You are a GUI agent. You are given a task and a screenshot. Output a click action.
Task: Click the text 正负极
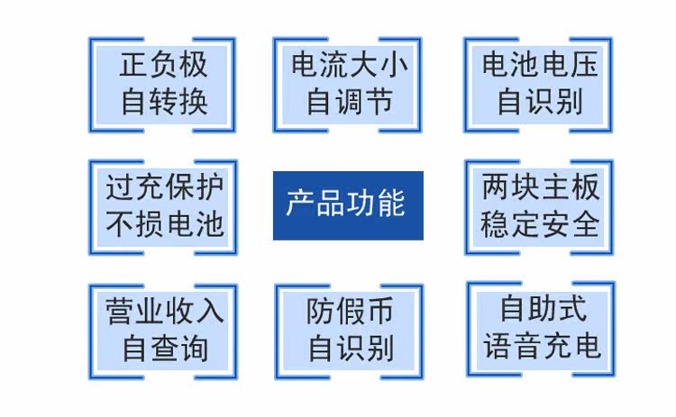[163, 65]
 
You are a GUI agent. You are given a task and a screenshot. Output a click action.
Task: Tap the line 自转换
[164, 102]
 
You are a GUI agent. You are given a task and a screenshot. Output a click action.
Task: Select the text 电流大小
[350, 65]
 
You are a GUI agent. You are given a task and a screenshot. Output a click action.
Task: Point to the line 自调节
[350, 102]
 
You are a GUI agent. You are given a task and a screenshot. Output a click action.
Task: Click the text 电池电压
[540, 65]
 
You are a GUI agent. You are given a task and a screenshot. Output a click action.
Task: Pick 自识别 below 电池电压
[540, 102]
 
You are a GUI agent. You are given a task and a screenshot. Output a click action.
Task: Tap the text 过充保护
[165, 187]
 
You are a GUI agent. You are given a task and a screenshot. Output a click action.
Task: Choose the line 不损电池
[165, 224]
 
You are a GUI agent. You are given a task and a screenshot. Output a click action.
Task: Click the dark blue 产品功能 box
[348, 205]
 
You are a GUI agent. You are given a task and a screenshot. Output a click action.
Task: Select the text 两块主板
[541, 187]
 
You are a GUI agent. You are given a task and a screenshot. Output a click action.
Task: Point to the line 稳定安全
[540, 224]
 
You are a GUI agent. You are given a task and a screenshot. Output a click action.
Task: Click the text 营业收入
[165, 311]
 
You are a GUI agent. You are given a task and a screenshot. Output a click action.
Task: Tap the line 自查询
[165, 348]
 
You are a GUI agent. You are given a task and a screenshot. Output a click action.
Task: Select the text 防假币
[350, 311]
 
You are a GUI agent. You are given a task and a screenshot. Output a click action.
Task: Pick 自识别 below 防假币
[351, 348]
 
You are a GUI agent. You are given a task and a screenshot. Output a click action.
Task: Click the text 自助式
[544, 308]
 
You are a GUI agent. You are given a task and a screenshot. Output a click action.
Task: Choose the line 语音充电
[543, 346]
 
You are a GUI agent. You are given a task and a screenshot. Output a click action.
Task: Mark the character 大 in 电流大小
[364, 65]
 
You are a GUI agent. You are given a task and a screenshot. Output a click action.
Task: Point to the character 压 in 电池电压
[585, 65]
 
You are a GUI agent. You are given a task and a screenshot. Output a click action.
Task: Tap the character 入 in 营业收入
[210, 311]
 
